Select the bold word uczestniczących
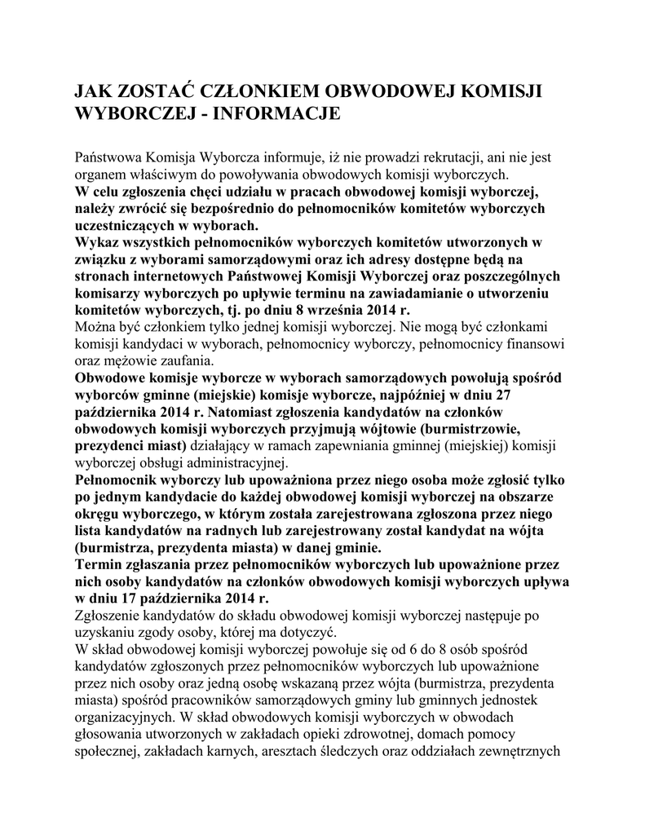126,226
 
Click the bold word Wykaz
96,243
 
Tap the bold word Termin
98,563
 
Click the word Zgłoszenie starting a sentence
109,614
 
